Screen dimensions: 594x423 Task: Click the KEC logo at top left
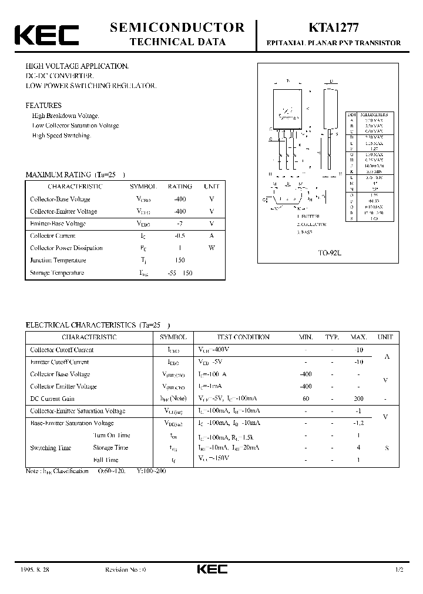(x=46, y=35)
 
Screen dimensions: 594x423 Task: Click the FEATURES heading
(x=43, y=106)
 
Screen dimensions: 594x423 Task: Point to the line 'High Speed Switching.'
(x=62, y=136)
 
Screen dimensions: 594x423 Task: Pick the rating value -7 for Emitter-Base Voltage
(x=180, y=224)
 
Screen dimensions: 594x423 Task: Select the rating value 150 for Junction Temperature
(x=180, y=260)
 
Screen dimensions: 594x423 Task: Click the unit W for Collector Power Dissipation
(x=211, y=248)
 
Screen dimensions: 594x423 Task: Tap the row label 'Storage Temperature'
(x=57, y=272)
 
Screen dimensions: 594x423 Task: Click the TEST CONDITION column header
(x=243, y=338)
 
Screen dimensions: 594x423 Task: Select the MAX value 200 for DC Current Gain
(x=358, y=399)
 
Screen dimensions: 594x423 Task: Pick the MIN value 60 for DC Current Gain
(x=305, y=399)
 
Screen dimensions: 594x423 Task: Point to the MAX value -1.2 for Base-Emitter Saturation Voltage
(x=358, y=423)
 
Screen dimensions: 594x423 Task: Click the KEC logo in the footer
(x=211, y=570)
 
